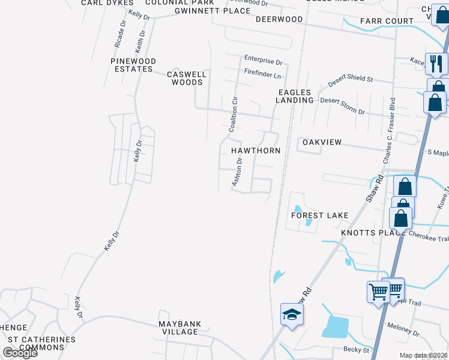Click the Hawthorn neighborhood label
tap(256, 151)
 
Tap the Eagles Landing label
tap(295, 96)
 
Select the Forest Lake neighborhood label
tap(319, 215)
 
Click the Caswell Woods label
tap(187, 78)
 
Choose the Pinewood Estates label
tap(133, 65)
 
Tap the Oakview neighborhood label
tap(322, 142)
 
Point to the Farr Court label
tap(387, 21)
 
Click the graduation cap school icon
tap(292, 314)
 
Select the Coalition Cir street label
tap(233, 114)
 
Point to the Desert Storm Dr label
tap(342, 106)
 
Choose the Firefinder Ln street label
tap(262, 74)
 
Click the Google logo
tap(20, 353)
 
